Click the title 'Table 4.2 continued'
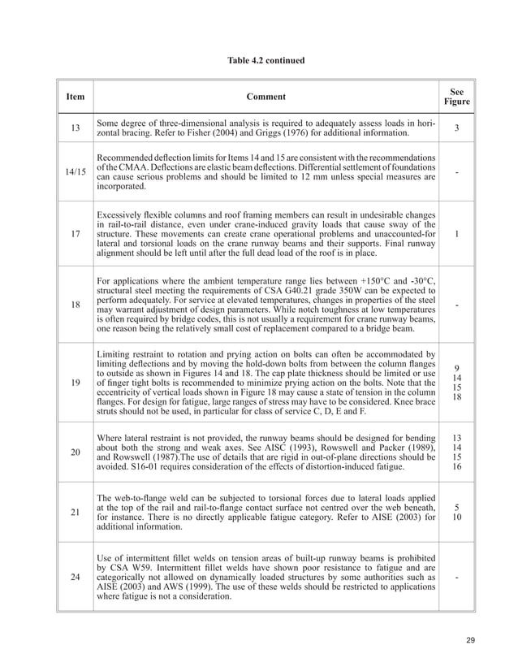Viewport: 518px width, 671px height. [x=259, y=60]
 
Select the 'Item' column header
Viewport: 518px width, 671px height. [x=75, y=97]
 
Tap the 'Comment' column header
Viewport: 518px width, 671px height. [x=265, y=97]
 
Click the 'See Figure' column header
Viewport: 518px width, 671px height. [x=457, y=97]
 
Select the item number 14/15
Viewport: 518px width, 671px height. [x=75, y=171]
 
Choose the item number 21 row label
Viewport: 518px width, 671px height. [x=75, y=513]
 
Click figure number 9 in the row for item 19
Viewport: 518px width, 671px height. [x=457, y=367]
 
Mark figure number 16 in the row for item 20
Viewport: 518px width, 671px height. [x=457, y=467]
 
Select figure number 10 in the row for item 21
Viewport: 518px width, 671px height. [x=457, y=518]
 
